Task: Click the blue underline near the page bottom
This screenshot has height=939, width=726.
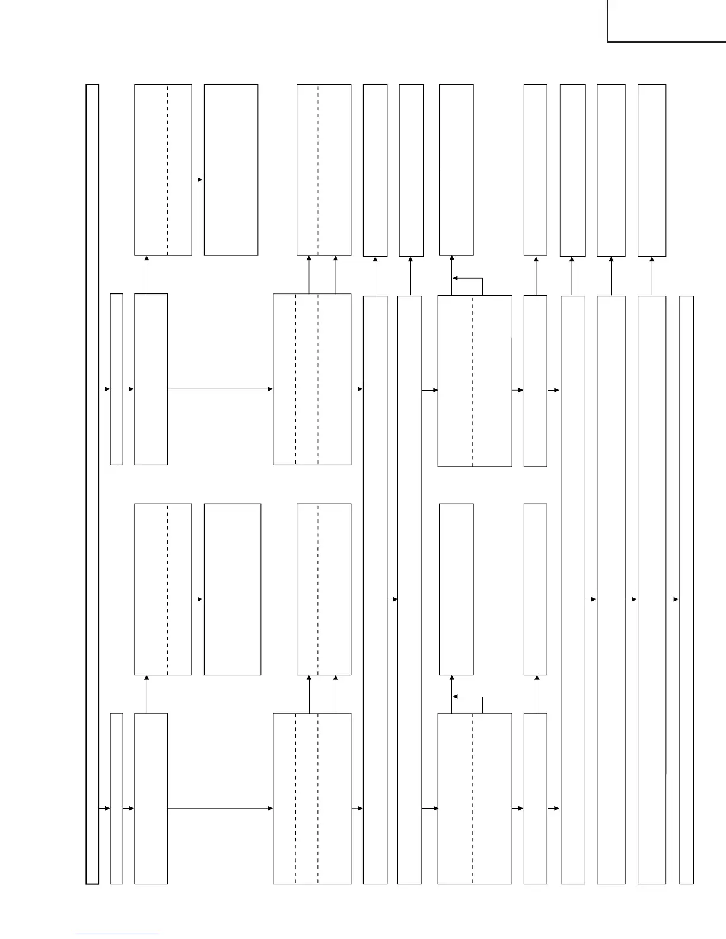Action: pos(117,934)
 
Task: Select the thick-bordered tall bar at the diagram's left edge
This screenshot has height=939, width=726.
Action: pos(92,484)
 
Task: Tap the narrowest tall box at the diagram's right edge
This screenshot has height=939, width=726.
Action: pos(686,590)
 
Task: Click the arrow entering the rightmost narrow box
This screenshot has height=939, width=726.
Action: pos(673,599)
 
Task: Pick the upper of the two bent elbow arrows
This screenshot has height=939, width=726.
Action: pos(467,279)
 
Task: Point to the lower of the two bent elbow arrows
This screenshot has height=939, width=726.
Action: pos(467,698)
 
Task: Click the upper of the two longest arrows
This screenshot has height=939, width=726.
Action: pos(220,389)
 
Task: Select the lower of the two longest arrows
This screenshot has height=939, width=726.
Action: pos(220,808)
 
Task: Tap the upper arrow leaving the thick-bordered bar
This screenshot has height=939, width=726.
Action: pos(104,389)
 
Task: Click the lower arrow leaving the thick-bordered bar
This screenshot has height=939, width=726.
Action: pos(104,808)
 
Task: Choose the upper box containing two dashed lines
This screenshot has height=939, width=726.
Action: pos(312,379)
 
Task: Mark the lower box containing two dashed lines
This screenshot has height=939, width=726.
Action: pos(312,799)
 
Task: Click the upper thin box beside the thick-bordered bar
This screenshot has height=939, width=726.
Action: pos(117,379)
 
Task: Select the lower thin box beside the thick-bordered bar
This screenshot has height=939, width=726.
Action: pos(117,799)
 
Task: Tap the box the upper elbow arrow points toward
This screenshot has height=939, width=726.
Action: pos(456,170)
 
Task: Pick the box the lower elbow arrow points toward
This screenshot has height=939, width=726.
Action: pos(456,589)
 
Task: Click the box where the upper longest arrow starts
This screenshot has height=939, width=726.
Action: pos(151,379)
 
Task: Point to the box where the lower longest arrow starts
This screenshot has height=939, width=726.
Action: pos(151,799)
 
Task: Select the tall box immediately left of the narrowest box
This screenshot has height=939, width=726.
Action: pos(652,590)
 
